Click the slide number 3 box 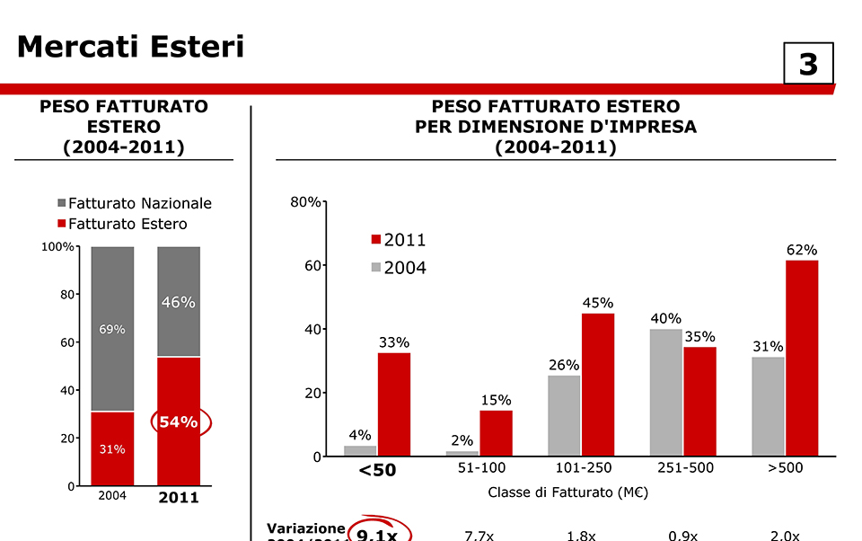[x=808, y=63]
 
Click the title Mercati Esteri [x=130, y=46]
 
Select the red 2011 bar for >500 [x=802, y=358]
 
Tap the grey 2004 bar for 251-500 [x=665, y=393]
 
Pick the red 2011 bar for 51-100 [x=496, y=433]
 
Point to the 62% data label [x=802, y=250]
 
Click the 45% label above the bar [x=597, y=303]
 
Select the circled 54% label [x=179, y=421]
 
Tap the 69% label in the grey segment [x=112, y=329]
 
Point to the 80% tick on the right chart [x=305, y=202]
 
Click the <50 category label [x=377, y=469]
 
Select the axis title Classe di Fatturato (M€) [x=567, y=492]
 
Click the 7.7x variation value [x=479, y=536]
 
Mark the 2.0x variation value [x=785, y=536]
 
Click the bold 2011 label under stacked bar [x=179, y=497]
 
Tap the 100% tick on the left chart [x=58, y=247]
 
